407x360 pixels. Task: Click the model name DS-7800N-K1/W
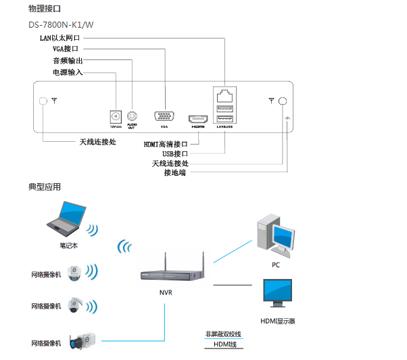pyautogui.click(x=60, y=25)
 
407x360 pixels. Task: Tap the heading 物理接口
pyautogui.click(x=44, y=9)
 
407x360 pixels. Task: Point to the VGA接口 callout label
pyautogui.click(x=66, y=49)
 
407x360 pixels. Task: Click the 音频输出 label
pyautogui.click(x=68, y=61)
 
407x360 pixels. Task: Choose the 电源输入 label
pyautogui.click(x=68, y=72)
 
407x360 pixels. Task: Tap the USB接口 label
pyautogui.click(x=175, y=154)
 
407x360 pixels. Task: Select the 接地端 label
pyautogui.click(x=175, y=173)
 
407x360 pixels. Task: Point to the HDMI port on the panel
pyautogui.click(x=197, y=116)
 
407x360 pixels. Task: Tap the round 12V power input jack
pyautogui.click(x=116, y=115)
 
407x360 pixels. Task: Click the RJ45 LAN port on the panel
pyautogui.click(x=224, y=95)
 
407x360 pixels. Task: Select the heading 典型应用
pyautogui.click(x=44, y=187)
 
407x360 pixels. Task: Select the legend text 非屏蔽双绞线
pyautogui.click(x=223, y=334)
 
